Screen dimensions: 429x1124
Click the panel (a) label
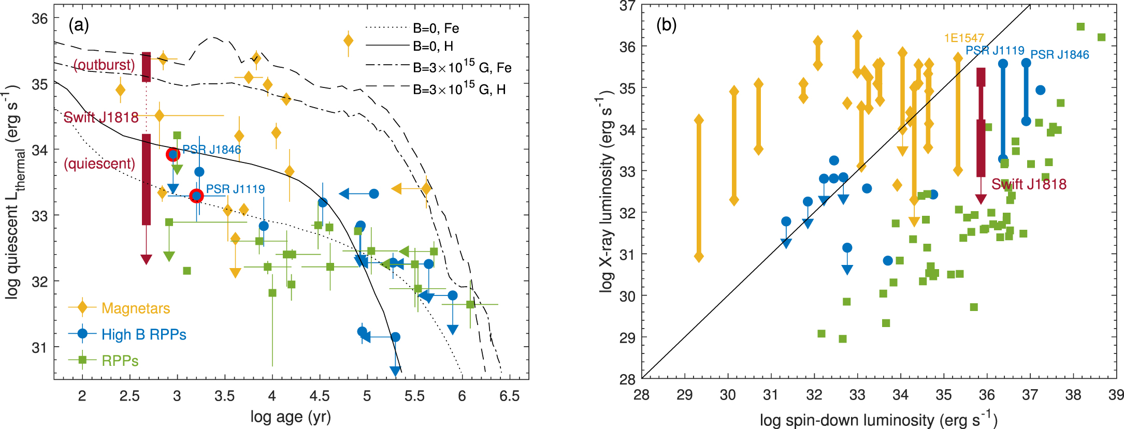pos(79,25)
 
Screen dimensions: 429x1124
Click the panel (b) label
pos(667,25)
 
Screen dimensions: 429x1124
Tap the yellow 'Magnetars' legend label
pos(136,308)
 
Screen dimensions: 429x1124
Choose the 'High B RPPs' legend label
pos(143,334)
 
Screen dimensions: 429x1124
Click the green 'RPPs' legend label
pos(120,361)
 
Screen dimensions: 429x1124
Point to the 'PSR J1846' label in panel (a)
pos(211,150)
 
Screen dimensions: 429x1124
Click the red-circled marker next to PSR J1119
pos(196,196)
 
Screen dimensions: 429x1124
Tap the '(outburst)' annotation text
pos(104,65)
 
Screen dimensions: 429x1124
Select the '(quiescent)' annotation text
pos(99,164)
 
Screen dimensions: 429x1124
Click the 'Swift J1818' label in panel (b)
pos(1029,184)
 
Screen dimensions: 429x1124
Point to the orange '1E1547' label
pos(963,38)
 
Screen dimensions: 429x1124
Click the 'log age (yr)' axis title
pos(291,417)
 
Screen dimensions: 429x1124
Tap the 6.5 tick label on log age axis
pos(509,396)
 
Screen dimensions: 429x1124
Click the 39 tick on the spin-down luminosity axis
pos(1116,395)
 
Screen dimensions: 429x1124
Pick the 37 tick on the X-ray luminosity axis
pos(627,6)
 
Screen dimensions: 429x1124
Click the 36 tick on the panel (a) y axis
pos(39,19)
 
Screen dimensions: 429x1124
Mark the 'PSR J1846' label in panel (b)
pos(1059,55)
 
